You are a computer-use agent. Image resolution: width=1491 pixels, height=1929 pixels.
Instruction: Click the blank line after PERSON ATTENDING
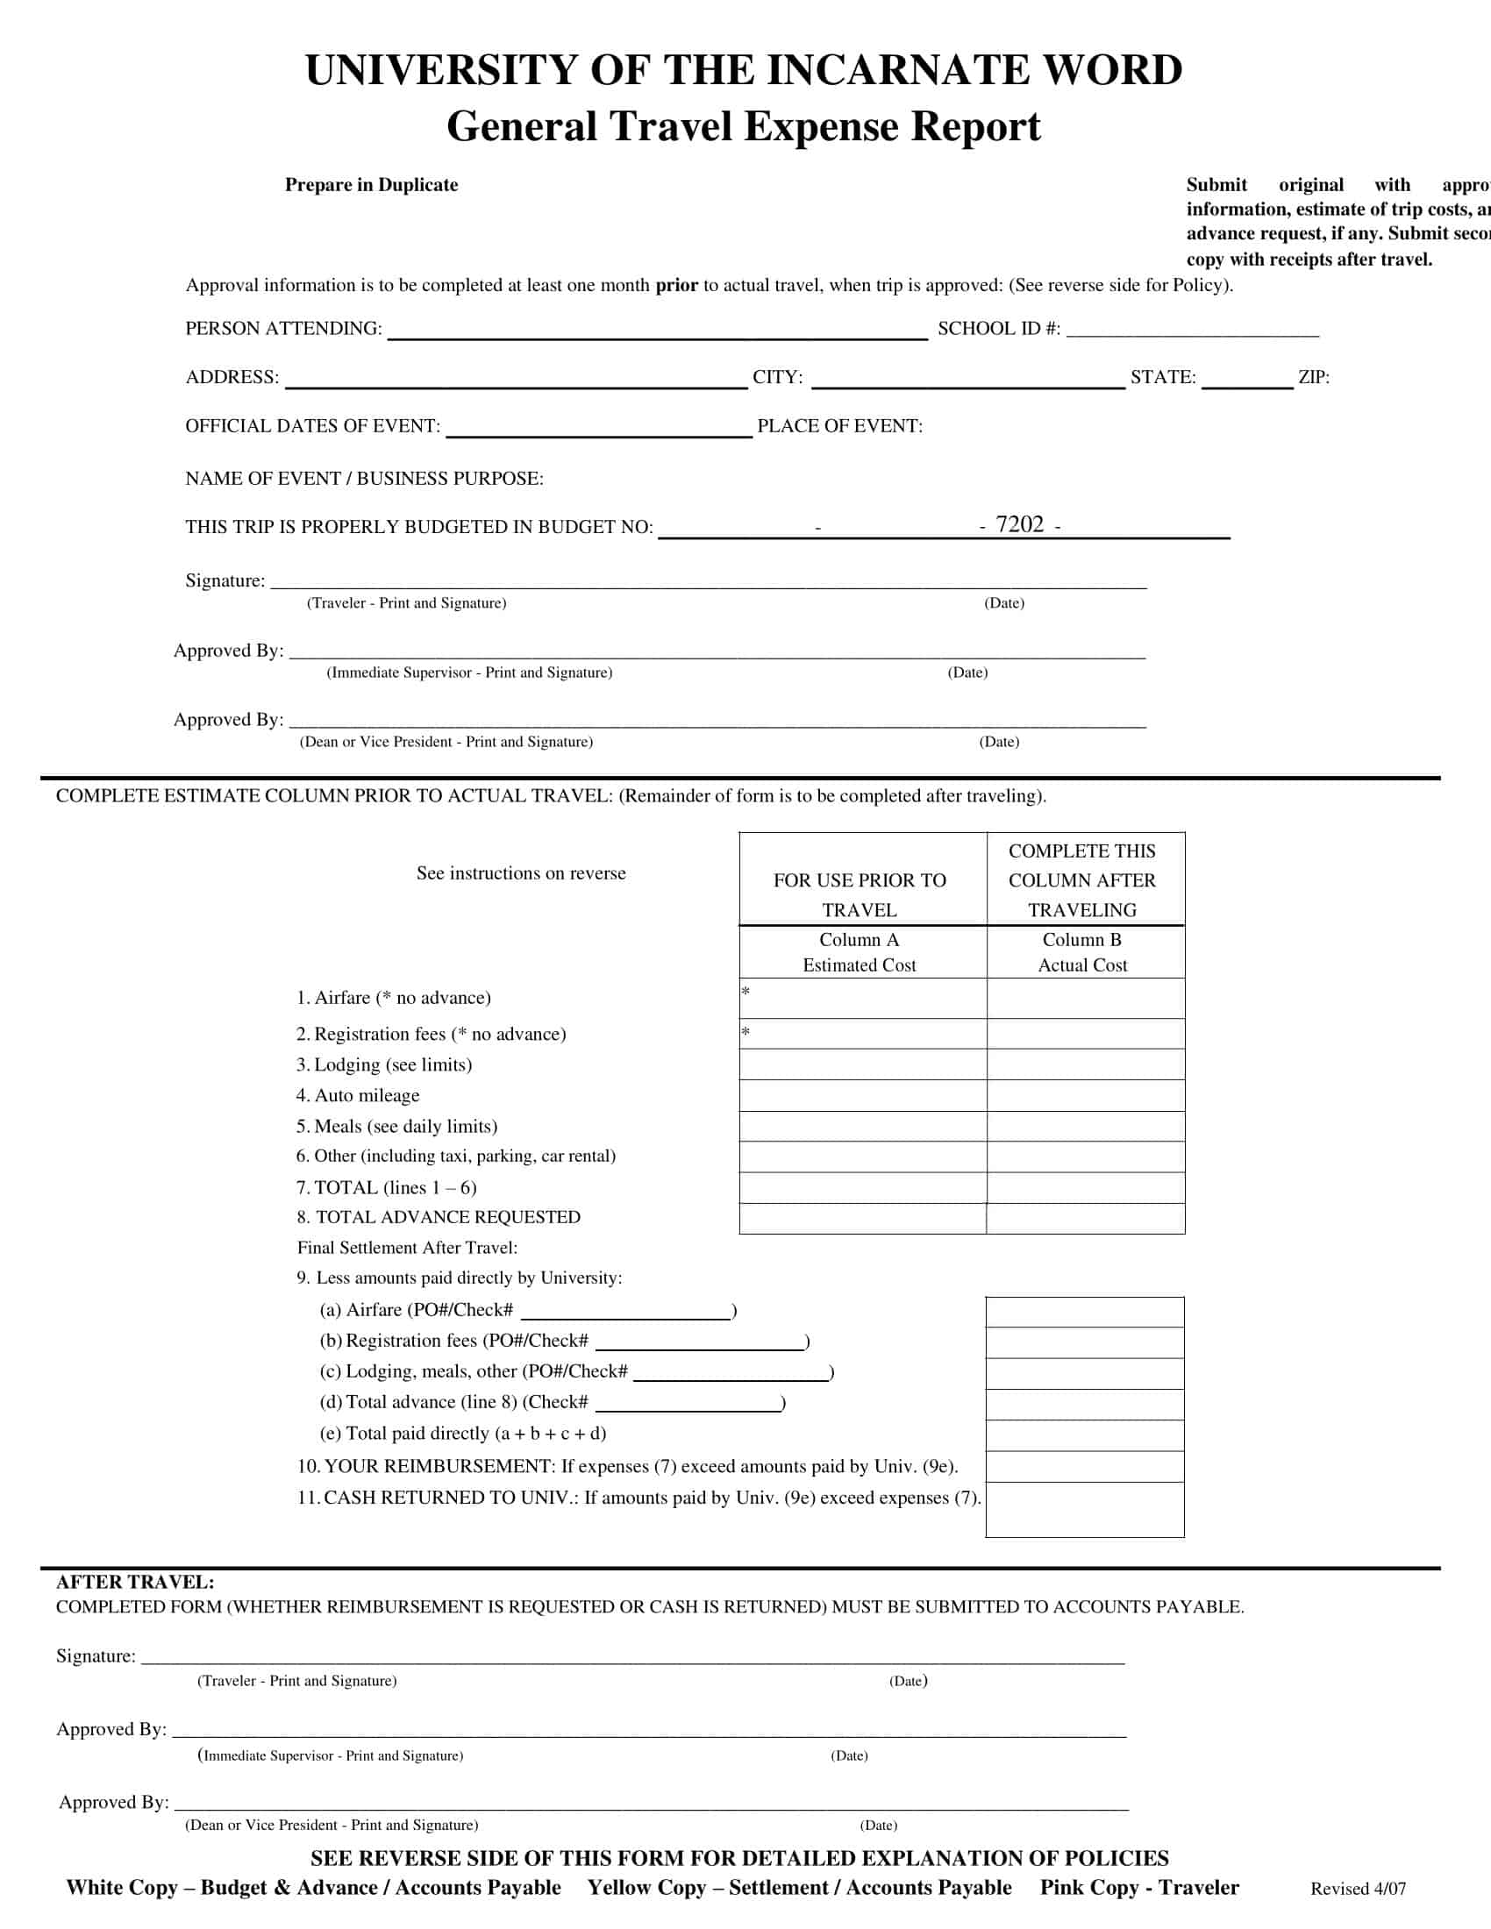coord(657,330)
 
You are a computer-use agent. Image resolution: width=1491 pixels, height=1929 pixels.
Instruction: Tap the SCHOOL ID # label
coord(998,329)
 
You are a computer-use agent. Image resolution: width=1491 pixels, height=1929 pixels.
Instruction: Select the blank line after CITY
coord(967,378)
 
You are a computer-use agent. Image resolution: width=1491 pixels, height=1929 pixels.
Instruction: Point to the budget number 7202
coord(1019,524)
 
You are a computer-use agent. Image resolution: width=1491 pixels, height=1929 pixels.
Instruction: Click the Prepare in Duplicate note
coord(371,185)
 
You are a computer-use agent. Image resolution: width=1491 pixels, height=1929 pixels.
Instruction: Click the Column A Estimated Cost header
coord(859,952)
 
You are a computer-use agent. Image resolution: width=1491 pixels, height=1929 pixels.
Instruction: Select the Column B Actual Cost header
coord(1082,952)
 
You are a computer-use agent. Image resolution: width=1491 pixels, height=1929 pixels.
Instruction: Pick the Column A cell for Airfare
coord(862,998)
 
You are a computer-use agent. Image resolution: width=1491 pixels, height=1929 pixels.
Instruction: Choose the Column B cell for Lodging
coord(1085,1064)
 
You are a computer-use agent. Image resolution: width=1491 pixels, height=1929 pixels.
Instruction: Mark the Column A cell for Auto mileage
coord(862,1095)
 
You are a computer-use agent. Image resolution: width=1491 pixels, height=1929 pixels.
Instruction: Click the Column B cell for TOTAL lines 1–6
coord(1085,1187)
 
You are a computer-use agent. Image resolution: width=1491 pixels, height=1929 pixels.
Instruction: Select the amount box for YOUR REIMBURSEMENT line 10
coord(1084,1466)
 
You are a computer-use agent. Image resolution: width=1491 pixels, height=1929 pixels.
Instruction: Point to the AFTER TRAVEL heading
coord(135,1582)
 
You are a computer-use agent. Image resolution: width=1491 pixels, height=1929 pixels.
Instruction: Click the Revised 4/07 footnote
coord(1358,1890)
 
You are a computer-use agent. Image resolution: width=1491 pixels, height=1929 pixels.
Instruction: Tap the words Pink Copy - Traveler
coord(1138,1888)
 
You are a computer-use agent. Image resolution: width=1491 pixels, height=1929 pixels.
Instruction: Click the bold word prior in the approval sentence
coord(675,285)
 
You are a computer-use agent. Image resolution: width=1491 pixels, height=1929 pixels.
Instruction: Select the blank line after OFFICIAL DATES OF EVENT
coord(598,428)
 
